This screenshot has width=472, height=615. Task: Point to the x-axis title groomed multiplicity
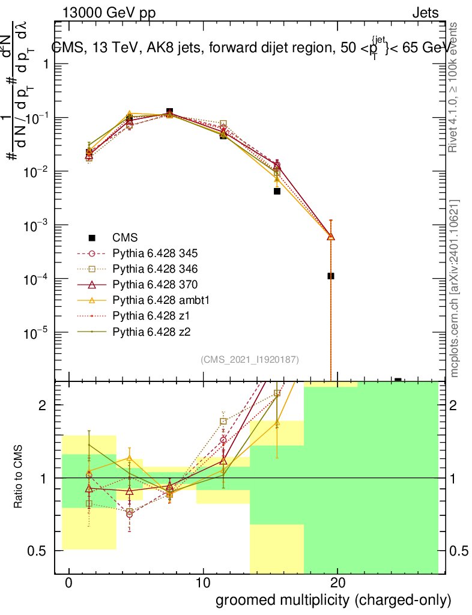point(333,600)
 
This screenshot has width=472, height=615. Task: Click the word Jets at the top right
point(425,13)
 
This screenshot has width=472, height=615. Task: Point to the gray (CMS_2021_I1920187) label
point(250,360)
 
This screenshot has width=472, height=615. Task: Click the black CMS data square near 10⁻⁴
point(331,276)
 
